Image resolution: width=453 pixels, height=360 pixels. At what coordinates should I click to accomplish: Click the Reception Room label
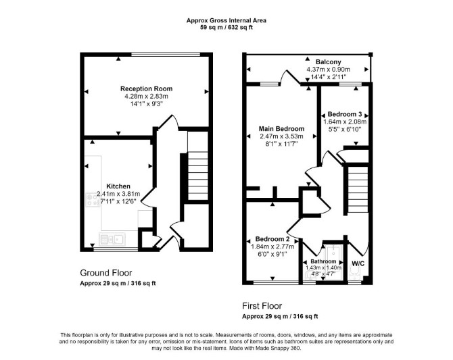pos(147,88)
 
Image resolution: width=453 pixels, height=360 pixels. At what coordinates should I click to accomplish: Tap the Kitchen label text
pos(118,186)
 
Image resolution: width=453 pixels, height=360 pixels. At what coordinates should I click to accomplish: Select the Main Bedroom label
pos(281,129)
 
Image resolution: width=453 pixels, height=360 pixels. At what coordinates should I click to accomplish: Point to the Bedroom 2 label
pos(272,239)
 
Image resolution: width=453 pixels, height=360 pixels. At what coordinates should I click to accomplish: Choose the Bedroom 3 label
pos(345,114)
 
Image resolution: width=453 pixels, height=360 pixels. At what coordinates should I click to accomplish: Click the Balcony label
pos(328,61)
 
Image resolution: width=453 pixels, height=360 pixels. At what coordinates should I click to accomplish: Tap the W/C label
pos(358,263)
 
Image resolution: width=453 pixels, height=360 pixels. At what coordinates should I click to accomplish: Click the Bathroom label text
pos(323,261)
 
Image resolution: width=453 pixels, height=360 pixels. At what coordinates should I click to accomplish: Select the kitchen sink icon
pos(112,239)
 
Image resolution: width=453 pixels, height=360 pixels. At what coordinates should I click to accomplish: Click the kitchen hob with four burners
pos(93,200)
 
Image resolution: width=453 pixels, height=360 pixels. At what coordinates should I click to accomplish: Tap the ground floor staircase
pos(198,176)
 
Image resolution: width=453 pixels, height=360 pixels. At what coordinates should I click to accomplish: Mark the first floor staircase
pos(358,189)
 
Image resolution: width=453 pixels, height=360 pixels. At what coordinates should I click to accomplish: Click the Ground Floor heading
pos(105,273)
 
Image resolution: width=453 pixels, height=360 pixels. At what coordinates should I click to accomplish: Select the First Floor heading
pos(262,306)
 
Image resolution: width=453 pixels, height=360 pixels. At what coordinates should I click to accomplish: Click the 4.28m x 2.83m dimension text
pos(146,96)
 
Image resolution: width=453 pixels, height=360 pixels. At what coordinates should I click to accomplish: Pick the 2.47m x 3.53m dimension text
pos(281,136)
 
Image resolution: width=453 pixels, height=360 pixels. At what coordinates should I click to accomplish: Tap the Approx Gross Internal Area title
pos(226,20)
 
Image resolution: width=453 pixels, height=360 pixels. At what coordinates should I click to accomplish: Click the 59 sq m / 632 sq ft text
pos(226,28)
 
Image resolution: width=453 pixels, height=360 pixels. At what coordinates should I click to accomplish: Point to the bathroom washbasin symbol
pos(310,275)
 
